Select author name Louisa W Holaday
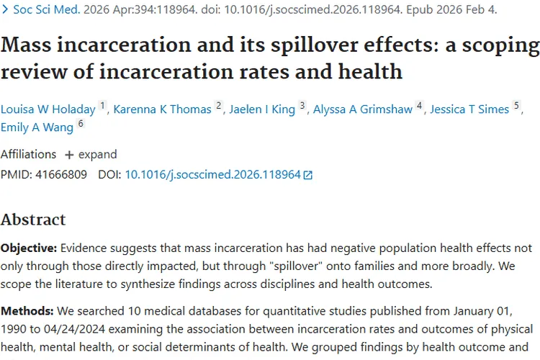click(x=48, y=109)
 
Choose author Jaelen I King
click(x=261, y=109)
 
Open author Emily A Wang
click(x=37, y=127)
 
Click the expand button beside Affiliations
click(x=91, y=154)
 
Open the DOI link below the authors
click(x=212, y=174)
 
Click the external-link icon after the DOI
click(x=308, y=175)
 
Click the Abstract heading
click(x=33, y=220)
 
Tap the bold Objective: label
click(x=28, y=248)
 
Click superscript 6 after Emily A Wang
click(x=81, y=124)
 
